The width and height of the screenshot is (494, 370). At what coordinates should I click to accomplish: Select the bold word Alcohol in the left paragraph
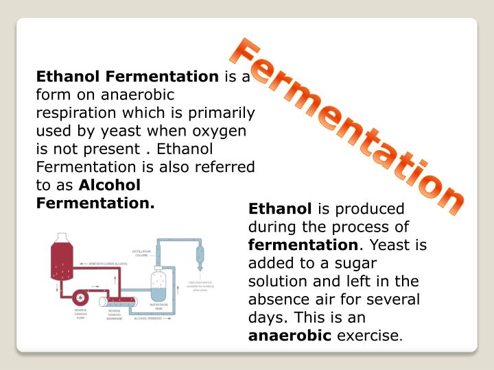pos(110,185)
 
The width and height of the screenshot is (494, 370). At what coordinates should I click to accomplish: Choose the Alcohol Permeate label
pos(148,319)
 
